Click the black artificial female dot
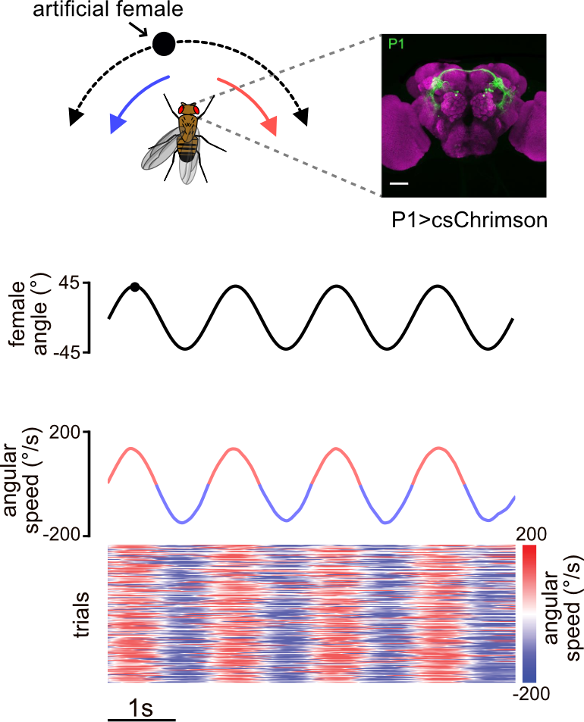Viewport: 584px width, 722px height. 164,44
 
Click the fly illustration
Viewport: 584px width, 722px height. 180,141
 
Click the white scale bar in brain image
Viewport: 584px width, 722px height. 400,183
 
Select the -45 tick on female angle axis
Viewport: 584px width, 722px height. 73,352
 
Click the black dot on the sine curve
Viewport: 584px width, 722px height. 135,286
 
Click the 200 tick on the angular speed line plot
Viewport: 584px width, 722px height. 69,432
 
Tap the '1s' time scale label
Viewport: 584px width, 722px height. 141,709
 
